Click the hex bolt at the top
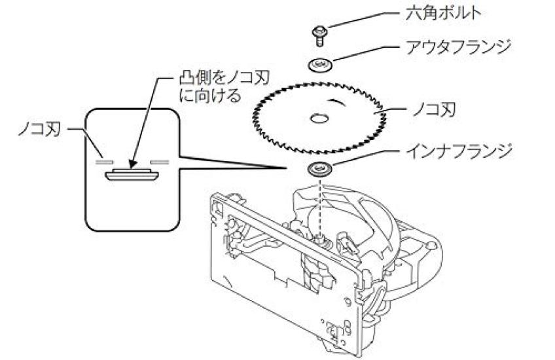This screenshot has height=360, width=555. point(319,36)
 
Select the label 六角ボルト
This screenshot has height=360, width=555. point(443,14)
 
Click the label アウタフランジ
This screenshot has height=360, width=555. point(459,47)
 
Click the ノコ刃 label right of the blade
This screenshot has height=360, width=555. point(435,110)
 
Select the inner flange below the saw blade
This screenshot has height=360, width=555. point(320,168)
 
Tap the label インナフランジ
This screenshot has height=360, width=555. point(459,151)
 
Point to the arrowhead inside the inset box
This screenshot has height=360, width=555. point(133,164)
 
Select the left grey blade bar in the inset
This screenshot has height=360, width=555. point(105,162)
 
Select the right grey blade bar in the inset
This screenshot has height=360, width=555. point(160,162)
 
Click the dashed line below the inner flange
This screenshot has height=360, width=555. point(321,206)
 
